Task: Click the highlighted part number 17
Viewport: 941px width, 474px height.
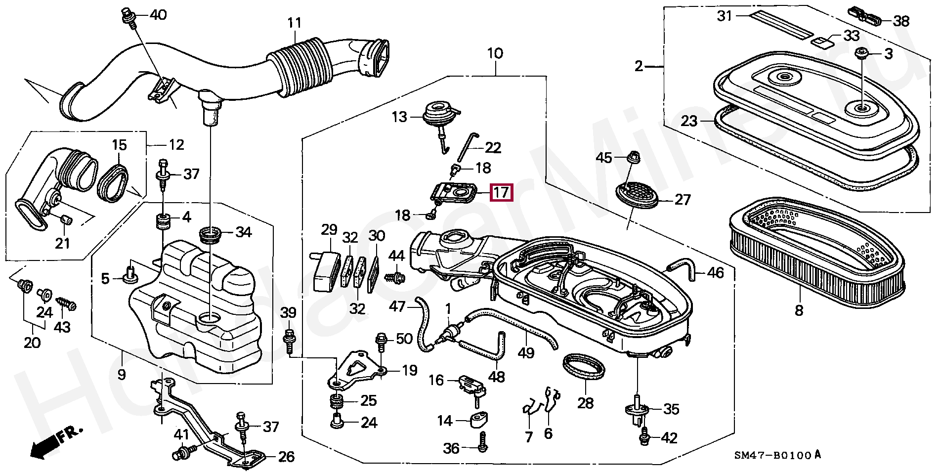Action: tap(501, 192)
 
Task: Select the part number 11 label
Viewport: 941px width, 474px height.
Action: tap(295, 23)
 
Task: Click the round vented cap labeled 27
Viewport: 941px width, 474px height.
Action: tap(638, 195)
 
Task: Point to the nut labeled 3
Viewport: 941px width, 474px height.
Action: tap(862, 52)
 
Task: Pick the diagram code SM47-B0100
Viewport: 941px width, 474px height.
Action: tap(772, 455)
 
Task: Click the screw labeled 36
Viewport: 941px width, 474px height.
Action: tap(483, 441)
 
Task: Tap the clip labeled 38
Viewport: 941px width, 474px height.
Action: tap(865, 16)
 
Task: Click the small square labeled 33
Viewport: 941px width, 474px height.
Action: tap(822, 41)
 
